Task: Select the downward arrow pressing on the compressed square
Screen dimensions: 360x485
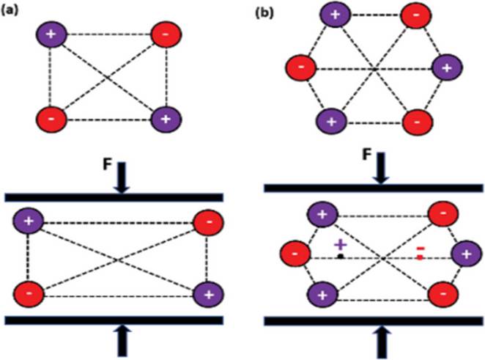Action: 121,178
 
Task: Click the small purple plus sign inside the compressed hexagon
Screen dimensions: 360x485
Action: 340,245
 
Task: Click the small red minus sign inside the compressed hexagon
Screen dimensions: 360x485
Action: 420,252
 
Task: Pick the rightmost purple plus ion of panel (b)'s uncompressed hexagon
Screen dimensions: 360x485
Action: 445,68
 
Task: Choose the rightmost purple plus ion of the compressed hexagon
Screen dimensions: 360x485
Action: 464,255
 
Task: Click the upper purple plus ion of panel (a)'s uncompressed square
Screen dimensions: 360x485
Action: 51,34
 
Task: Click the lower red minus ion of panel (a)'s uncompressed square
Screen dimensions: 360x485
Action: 55,118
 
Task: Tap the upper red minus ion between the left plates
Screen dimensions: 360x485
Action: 207,220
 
